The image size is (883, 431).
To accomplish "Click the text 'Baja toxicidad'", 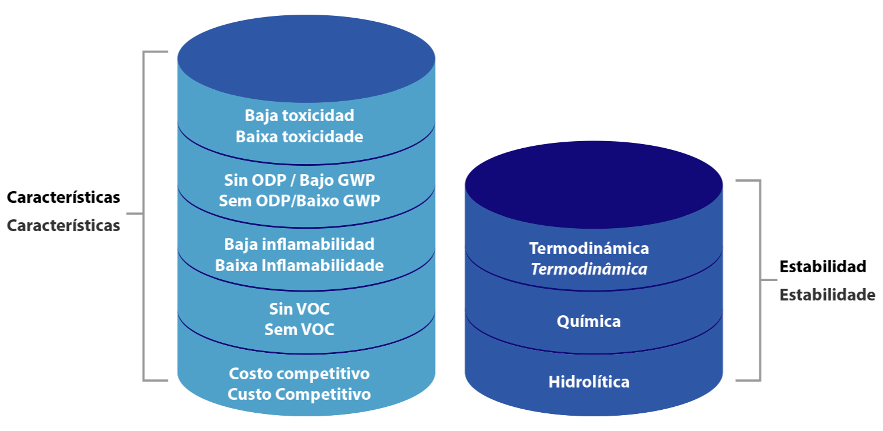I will click(299, 115).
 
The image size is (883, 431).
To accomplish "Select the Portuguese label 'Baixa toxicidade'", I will click(299, 137).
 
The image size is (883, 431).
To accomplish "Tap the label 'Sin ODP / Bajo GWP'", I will click(299, 179).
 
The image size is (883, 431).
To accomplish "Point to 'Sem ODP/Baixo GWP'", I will click(299, 201).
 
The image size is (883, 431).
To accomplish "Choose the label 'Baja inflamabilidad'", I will click(299, 243).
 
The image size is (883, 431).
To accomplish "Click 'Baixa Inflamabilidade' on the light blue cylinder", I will click(299, 265).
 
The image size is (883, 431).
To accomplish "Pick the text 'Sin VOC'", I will click(299, 308).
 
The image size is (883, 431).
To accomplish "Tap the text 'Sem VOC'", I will click(299, 329).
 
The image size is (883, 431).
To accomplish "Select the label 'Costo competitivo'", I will click(299, 373).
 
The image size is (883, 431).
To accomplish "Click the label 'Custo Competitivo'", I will click(299, 394).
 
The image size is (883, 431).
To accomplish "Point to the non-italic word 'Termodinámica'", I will click(589, 248).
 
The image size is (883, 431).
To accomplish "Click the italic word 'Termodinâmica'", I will click(589, 269).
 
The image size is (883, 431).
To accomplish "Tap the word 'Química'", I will click(589, 322).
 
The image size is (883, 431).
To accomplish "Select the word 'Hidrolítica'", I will click(589, 382).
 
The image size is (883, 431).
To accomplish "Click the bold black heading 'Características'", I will click(64, 198).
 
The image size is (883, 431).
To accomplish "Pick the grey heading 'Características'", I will click(64, 225).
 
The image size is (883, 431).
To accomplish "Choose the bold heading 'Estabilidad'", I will click(822, 266).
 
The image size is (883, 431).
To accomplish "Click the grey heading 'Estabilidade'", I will click(827, 295).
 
